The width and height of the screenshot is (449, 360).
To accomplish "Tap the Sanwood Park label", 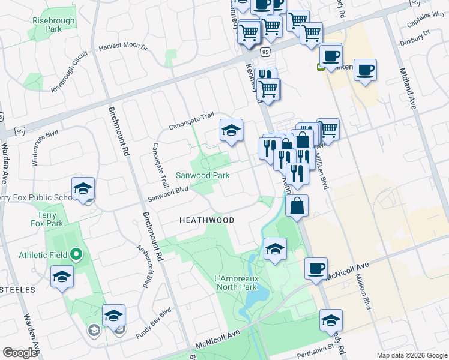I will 202,176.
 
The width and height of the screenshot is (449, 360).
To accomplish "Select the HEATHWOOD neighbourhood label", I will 206,220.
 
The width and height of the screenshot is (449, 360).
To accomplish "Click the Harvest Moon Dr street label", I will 123,46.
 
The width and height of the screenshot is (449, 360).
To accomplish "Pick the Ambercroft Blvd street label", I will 143,267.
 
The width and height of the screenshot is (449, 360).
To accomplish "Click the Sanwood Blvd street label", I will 169,194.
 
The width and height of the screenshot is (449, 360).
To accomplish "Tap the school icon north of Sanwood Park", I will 232,130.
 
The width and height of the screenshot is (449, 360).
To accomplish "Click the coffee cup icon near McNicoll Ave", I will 315,268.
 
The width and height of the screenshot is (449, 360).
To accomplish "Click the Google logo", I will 20,353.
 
